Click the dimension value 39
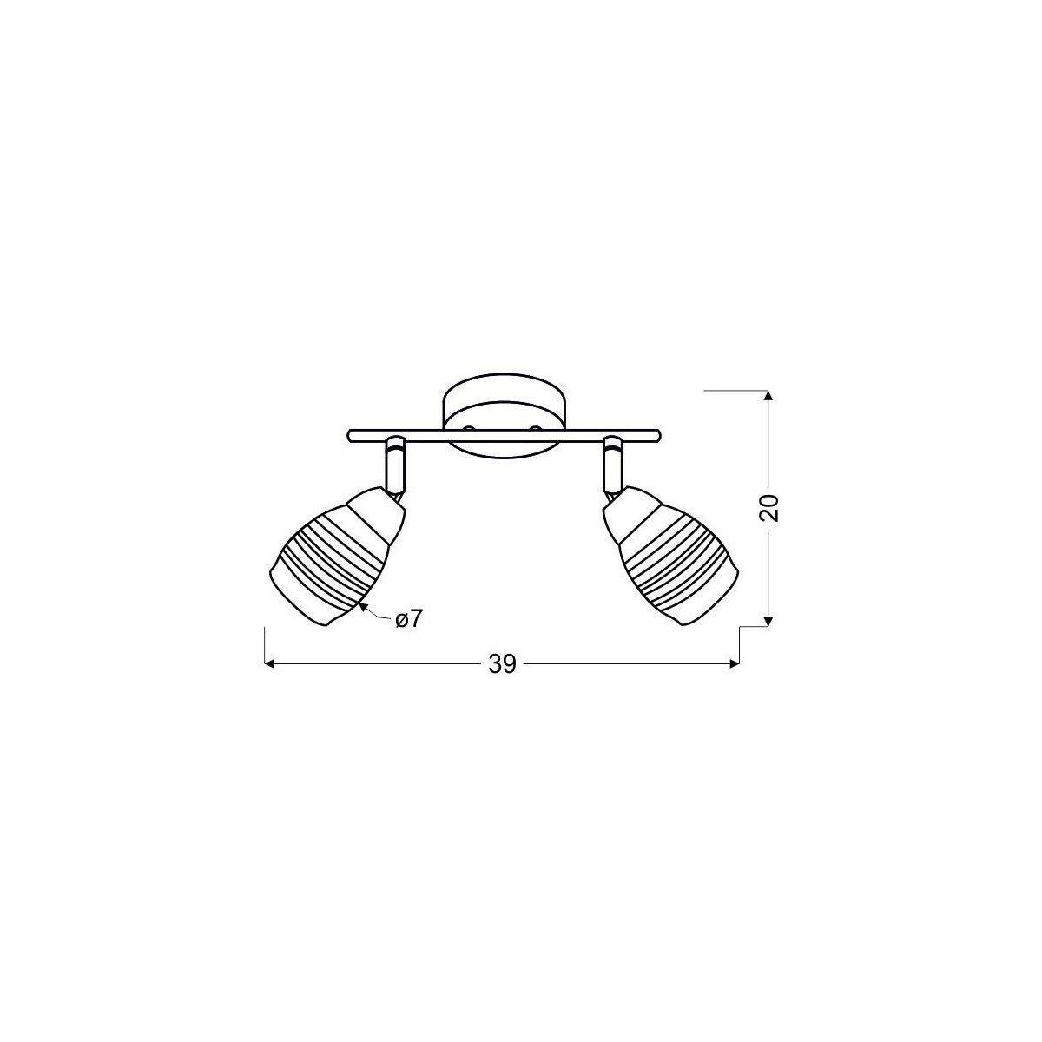502,664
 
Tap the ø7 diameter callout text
407,620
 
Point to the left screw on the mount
469,429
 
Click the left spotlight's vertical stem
395,465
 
